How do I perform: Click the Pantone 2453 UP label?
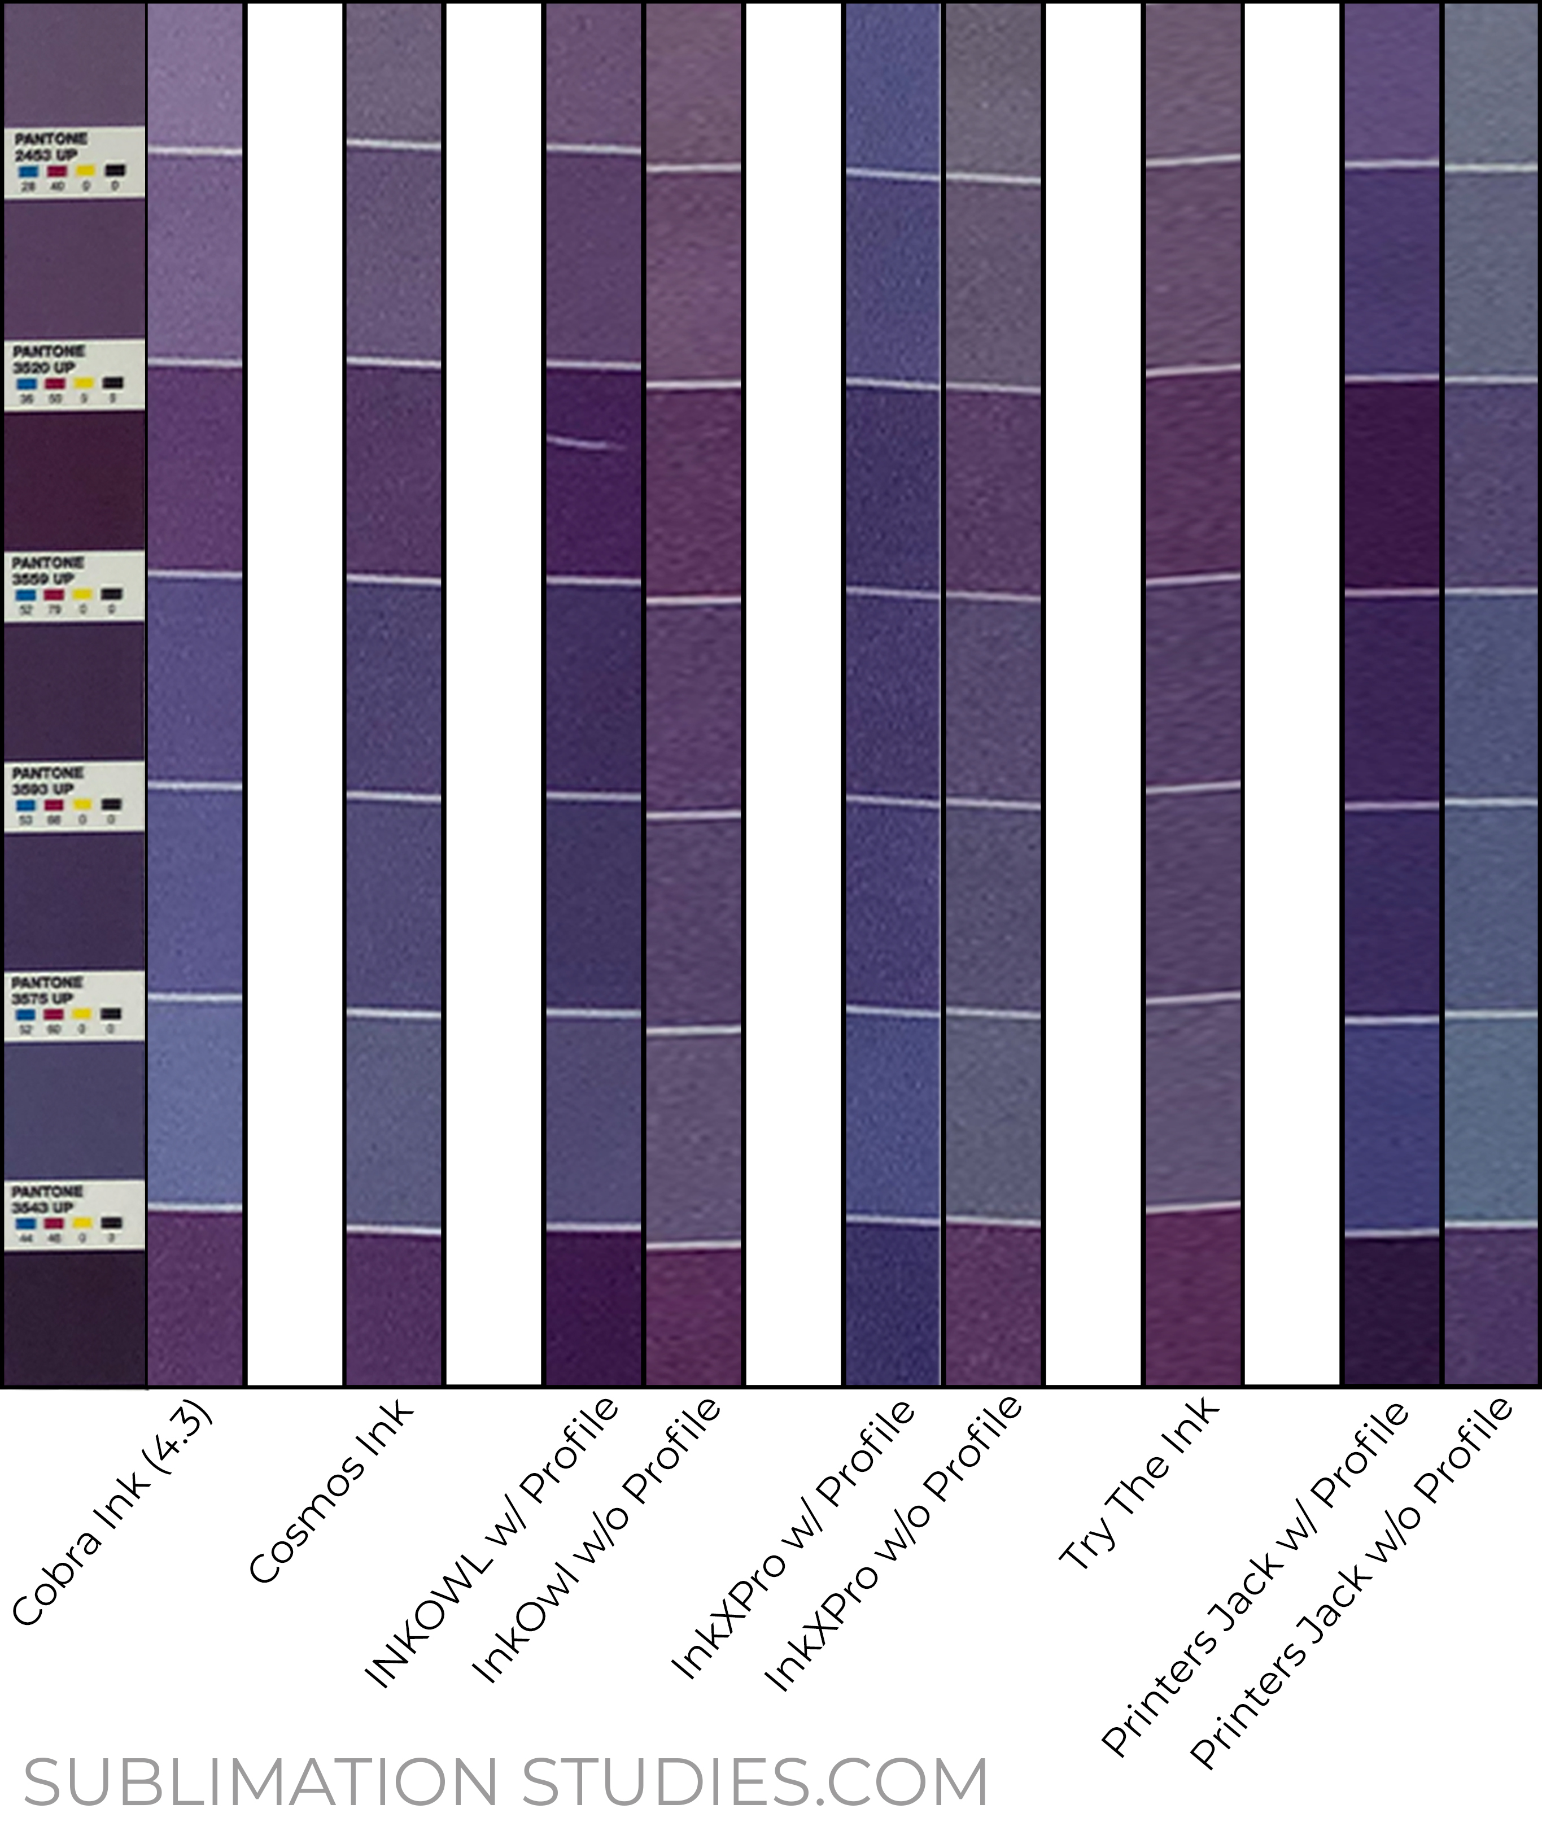73,162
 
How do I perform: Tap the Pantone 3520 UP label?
73,374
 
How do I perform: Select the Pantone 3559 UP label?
73,586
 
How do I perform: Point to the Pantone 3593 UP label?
73,796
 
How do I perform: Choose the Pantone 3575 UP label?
73,1005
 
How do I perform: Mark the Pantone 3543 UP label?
73,1215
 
